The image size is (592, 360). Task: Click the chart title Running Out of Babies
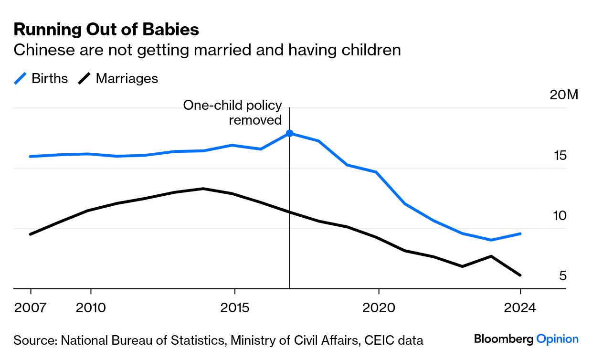click(x=106, y=30)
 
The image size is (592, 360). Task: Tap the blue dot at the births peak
click(x=289, y=133)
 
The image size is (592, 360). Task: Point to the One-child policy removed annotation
click(x=233, y=113)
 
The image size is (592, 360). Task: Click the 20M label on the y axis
click(x=564, y=95)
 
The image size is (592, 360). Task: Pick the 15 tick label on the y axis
click(x=560, y=156)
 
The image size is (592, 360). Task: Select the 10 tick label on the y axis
click(x=560, y=216)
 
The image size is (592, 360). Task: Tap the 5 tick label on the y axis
click(x=562, y=276)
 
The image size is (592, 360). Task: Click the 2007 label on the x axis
click(x=31, y=307)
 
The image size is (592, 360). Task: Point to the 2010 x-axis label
click(x=91, y=307)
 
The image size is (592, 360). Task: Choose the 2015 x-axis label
click(x=234, y=307)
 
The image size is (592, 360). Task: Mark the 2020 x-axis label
click(x=379, y=307)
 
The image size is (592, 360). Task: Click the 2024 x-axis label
click(x=520, y=307)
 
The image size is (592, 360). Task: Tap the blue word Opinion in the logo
click(x=557, y=339)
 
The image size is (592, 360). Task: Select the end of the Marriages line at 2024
click(x=520, y=275)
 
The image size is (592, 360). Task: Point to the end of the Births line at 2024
click(x=520, y=233)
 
